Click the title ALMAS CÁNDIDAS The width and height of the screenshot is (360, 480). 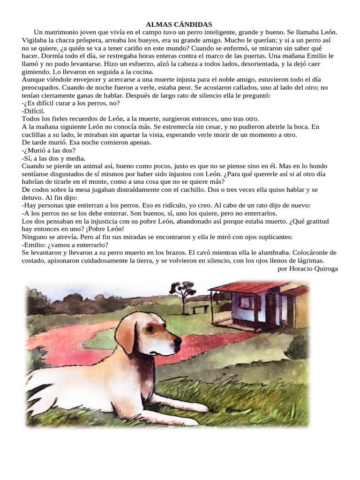coord(180,24)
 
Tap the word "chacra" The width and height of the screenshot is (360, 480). coord(69,40)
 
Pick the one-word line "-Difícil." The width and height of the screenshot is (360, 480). coord(33,111)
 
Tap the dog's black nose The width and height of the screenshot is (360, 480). coord(178,346)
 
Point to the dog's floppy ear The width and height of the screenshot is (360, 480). coord(126,336)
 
